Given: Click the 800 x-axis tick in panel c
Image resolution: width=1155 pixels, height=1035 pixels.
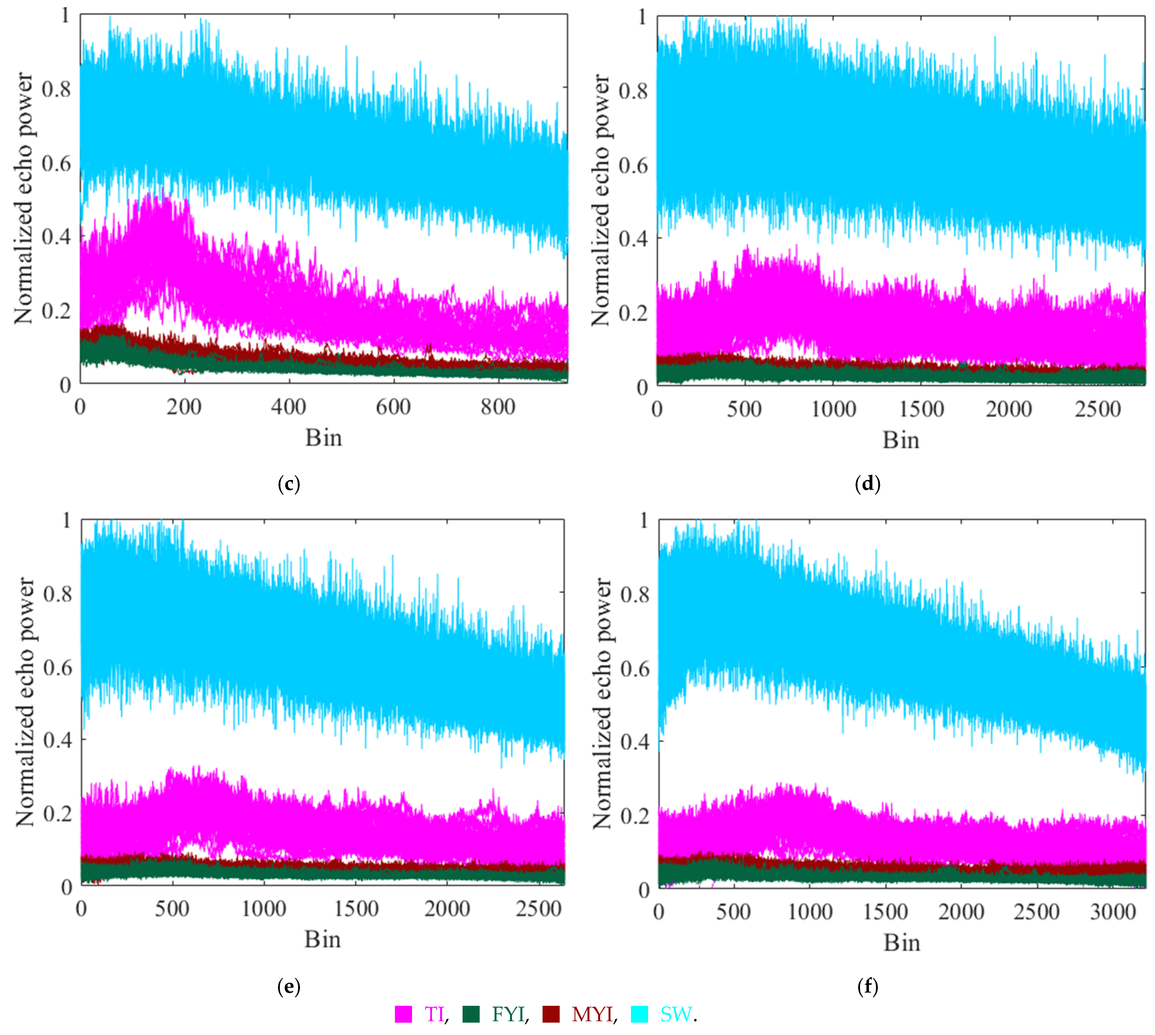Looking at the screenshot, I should [x=498, y=407].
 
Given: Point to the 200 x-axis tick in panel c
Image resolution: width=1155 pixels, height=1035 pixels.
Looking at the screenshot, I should [x=184, y=407].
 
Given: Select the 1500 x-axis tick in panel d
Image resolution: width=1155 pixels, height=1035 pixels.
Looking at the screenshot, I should [x=921, y=410].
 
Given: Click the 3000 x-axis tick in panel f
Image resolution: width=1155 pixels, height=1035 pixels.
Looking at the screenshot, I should [x=1112, y=912].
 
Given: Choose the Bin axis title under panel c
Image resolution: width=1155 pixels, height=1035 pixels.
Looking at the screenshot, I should [x=323, y=438].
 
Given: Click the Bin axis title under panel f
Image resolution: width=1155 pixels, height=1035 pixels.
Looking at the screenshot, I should [x=902, y=943].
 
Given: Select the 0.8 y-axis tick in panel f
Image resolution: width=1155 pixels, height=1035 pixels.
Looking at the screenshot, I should [x=635, y=595].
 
